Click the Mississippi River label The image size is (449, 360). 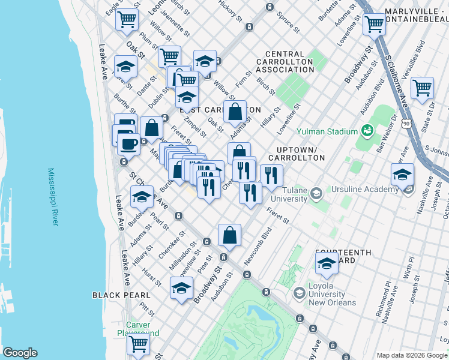click(53, 197)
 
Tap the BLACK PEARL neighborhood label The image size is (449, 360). click(116, 295)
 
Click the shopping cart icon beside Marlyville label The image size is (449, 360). click(374, 25)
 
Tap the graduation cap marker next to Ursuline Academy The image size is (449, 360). click(402, 175)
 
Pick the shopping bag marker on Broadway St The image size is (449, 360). click(230, 235)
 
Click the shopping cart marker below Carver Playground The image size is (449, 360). click(138, 344)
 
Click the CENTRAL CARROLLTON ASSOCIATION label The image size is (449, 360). click(285, 62)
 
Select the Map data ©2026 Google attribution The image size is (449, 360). click(412, 355)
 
